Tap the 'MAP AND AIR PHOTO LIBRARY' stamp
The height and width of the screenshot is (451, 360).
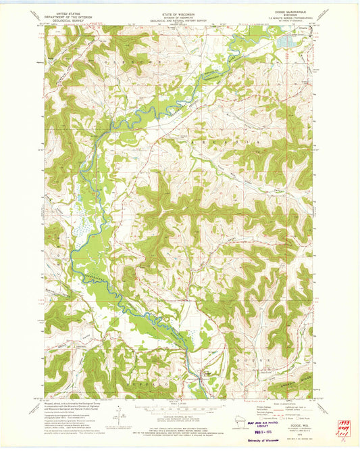click(x=256, y=423)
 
